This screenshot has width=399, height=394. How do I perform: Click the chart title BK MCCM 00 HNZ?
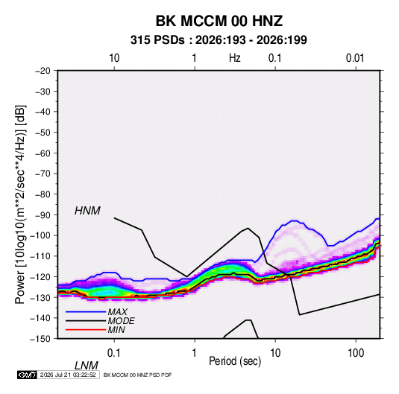coord(219,21)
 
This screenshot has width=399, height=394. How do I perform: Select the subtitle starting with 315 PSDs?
coord(219,40)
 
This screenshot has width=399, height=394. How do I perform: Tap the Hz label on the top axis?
coord(235,58)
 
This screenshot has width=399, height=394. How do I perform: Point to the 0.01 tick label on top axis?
coord(355,58)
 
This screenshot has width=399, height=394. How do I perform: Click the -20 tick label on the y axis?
coord(43,71)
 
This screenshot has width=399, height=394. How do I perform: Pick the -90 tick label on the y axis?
coord(43,215)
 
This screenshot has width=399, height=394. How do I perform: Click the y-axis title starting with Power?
coord(20,204)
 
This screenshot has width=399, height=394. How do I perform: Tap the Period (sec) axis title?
coord(235,361)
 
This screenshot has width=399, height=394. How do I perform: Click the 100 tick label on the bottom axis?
coord(356,353)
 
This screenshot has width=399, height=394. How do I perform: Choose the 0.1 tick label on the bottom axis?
coord(113,353)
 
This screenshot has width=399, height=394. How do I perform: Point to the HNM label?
coord(87,211)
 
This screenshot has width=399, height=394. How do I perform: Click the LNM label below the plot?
coord(87,366)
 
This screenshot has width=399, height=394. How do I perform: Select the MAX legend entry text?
coord(117,312)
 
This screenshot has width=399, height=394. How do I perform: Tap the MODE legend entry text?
coord(121,321)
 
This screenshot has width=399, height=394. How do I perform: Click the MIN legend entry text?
coord(116,330)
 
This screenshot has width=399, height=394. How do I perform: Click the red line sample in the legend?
coord(86,330)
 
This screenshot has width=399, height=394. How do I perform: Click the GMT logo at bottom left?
coord(27,375)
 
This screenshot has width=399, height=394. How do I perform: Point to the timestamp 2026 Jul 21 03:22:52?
coord(68,375)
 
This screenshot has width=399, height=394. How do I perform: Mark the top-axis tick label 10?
coord(114,58)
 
